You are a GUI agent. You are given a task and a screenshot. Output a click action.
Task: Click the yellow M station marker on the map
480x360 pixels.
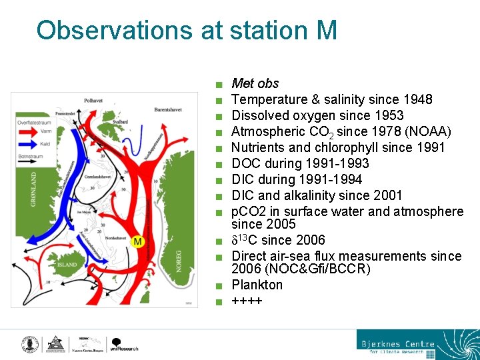coord(138,241)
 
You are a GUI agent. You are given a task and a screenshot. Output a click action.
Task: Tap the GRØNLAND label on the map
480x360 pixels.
coord(35,189)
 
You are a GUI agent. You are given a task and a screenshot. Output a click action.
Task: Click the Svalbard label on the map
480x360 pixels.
coord(120,122)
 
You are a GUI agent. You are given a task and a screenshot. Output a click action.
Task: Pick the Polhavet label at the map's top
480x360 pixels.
coord(93,101)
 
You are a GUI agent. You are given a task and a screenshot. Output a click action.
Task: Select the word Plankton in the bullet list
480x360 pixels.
coord(257,285)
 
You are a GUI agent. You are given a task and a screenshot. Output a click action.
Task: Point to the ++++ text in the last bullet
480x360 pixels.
coord(247,301)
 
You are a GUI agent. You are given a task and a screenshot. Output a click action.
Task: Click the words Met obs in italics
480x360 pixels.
coord(255,83)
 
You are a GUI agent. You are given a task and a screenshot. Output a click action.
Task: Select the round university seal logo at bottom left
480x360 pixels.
coord(29,344)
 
